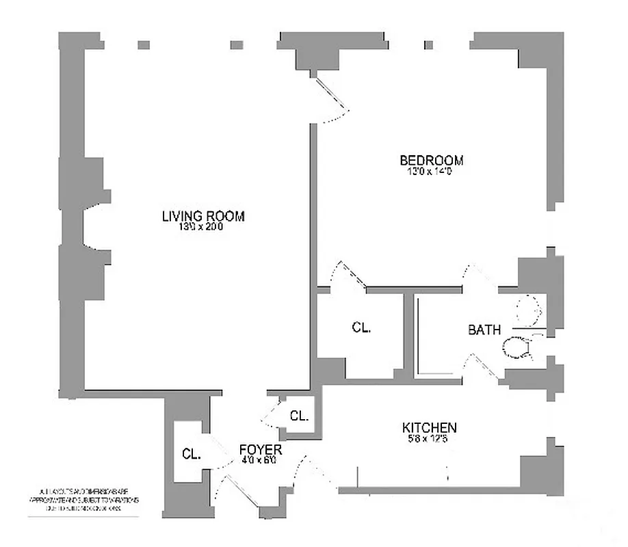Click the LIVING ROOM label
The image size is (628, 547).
coord(203,216)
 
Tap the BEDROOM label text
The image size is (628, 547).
coord(431,161)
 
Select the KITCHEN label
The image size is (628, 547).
coord(429,428)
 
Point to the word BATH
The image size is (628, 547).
coord(484,330)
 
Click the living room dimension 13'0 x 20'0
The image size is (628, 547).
coord(201,228)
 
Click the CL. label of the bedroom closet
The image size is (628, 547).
coord(362,328)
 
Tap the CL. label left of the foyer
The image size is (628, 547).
coord(192,453)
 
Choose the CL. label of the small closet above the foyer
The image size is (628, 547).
coord(299,415)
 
